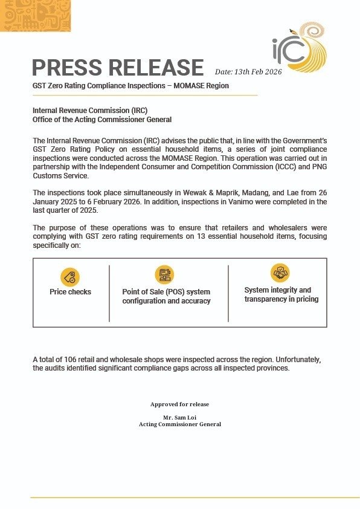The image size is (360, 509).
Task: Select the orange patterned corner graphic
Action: (x=36, y=16)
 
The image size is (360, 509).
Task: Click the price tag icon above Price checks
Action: (x=70, y=277)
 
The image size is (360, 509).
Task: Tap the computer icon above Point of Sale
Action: (x=164, y=275)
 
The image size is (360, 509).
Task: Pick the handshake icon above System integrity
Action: (x=280, y=273)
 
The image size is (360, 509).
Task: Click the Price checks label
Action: (x=70, y=292)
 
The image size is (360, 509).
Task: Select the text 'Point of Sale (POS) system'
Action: (x=166, y=292)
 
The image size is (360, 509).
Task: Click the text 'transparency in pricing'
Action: (x=281, y=299)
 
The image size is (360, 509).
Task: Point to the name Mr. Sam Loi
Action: (x=179, y=418)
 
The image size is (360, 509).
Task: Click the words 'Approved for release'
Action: (x=179, y=404)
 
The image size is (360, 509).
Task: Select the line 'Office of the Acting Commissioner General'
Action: (x=102, y=120)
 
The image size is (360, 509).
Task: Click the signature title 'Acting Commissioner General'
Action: (x=179, y=424)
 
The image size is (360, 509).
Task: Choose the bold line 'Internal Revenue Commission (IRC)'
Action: (x=89, y=111)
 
